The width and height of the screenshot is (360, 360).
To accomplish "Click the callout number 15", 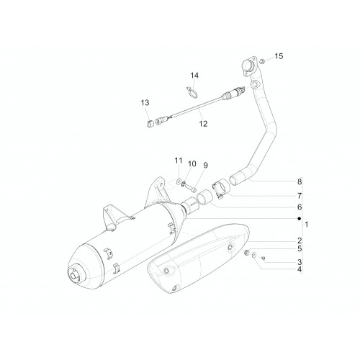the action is [x=279, y=56].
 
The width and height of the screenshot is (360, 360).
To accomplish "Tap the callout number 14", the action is [x=194, y=76].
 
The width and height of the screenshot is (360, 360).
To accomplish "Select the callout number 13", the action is [x=145, y=103].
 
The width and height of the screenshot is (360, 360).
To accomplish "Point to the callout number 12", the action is [x=203, y=124].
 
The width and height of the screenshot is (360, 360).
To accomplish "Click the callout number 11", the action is [x=179, y=161].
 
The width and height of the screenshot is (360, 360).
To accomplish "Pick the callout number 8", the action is [x=300, y=181].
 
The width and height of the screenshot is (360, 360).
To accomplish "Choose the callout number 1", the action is [x=307, y=225].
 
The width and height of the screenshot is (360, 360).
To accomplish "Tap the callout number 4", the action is [x=300, y=269].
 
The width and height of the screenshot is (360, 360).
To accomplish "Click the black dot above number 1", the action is [x=299, y=219].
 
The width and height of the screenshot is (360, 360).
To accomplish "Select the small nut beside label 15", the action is [x=262, y=61].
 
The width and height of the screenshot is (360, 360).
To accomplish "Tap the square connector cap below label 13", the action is [x=149, y=125].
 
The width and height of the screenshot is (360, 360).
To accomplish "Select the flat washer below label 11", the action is [x=179, y=181].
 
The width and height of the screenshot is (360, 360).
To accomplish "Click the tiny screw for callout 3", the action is [x=263, y=258].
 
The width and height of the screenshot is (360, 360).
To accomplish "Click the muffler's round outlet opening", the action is [x=74, y=274].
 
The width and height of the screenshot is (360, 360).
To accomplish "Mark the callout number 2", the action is [x=300, y=240].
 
